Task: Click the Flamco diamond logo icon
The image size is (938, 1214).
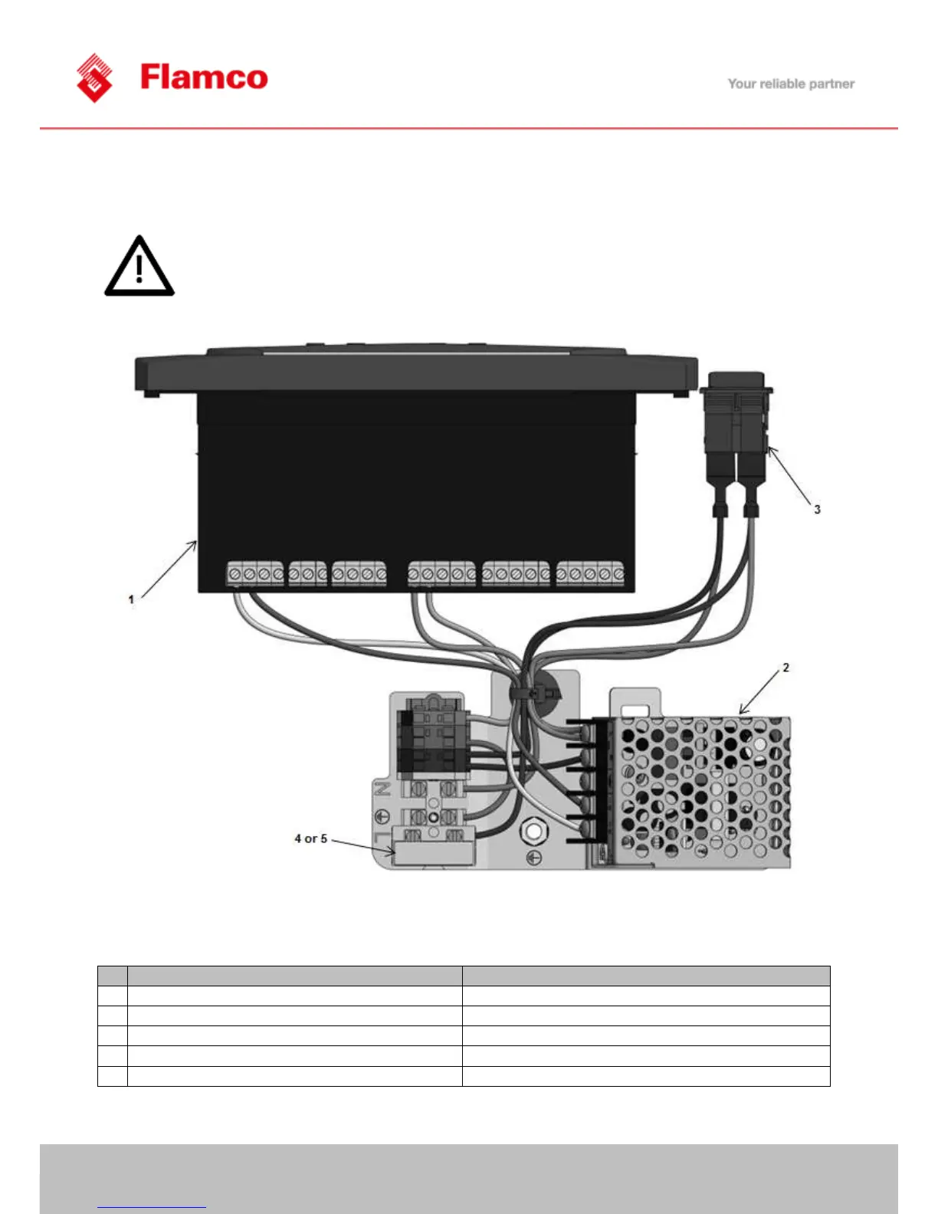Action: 94,77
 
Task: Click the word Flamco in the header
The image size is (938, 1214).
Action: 204,77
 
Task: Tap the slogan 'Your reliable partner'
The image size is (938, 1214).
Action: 791,84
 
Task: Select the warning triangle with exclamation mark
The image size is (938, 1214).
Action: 139,266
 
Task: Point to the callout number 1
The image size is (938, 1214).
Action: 131,599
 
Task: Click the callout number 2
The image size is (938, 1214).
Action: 785,668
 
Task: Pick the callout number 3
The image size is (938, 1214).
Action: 817,509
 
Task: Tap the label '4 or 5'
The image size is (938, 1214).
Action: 310,838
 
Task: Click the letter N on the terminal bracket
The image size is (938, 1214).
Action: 382,789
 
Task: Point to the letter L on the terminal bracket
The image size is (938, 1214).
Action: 381,837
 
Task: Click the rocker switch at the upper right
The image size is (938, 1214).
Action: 736,429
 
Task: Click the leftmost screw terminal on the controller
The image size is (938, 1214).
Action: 235,574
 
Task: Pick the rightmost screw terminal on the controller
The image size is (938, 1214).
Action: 618,574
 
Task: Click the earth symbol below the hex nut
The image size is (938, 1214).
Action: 535,858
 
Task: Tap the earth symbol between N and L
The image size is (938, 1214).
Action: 381,814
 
